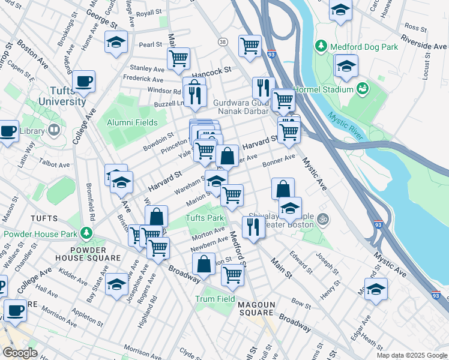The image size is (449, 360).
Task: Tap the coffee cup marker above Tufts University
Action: [x=83, y=81]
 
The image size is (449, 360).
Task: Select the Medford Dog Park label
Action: [x=357, y=47]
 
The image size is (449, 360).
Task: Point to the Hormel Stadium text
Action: [x=330, y=89]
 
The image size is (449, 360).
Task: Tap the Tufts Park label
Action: [x=204, y=218]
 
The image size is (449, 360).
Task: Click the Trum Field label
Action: [x=214, y=299]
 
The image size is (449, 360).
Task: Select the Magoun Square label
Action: [x=256, y=310]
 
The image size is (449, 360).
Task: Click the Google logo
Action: [x=20, y=353]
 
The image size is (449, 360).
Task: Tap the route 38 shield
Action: [x=223, y=42]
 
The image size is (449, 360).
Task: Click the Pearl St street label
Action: [x=151, y=44]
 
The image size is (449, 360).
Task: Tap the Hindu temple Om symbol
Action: [x=324, y=218]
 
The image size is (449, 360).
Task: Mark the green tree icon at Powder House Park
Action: [x=88, y=233]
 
